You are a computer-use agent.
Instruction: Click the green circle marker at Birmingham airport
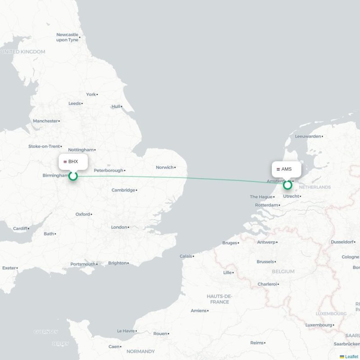[x=73, y=176]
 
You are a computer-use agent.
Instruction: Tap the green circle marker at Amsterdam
[x=288, y=184]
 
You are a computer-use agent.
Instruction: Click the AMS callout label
[x=286, y=169]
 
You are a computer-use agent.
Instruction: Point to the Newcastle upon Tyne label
[x=67, y=37]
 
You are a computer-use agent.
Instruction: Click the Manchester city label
[x=45, y=121]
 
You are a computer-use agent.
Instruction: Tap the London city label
[x=119, y=227]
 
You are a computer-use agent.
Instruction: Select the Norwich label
[x=165, y=167]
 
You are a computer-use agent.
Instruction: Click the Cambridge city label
[x=124, y=190]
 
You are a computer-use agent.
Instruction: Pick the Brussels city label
[x=265, y=261]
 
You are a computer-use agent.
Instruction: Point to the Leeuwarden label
[x=308, y=136]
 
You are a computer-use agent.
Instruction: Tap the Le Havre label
[x=126, y=331]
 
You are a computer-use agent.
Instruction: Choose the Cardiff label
[x=20, y=229]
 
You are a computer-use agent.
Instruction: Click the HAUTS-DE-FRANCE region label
[x=220, y=299]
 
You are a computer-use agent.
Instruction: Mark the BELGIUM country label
[x=283, y=271]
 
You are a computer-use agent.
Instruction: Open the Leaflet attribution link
[x=351, y=356]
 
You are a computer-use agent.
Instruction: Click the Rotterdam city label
[x=265, y=205]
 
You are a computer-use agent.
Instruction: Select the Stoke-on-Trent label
[x=44, y=146]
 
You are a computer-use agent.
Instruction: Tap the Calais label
[x=186, y=256]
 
